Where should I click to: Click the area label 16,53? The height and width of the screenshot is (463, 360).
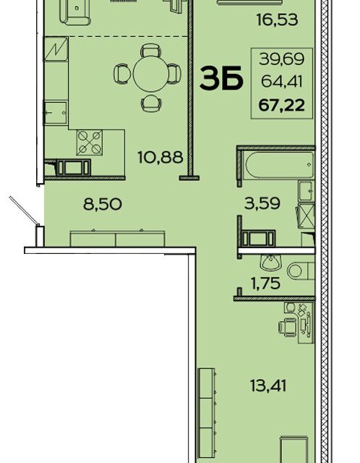[x=277, y=20]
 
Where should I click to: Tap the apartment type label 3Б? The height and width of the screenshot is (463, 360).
[x=221, y=78]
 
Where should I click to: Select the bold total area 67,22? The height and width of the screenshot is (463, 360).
[x=281, y=106]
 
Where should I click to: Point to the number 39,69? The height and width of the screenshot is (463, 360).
[x=281, y=59]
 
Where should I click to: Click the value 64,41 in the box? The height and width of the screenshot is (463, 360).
[x=282, y=82]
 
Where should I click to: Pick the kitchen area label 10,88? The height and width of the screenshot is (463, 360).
[x=160, y=158]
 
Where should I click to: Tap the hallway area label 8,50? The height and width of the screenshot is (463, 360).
[x=103, y=204]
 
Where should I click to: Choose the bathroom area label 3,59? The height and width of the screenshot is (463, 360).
[x=262, y=203]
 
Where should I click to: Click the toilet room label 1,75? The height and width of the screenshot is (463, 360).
[x=265, y=284]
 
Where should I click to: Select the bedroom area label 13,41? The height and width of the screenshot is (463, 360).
[x=268, y=386]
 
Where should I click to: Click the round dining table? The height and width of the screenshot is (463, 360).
[x=151, y=74]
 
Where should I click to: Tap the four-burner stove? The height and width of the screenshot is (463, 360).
[x=90, y=143]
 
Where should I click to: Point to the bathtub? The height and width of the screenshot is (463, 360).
[x=278, y=165]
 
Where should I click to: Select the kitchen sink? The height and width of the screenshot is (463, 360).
[x=56, y=113]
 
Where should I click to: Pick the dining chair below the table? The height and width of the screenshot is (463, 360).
[x=151, y=103]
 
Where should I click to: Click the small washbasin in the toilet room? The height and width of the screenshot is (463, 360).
[x=271, y=262]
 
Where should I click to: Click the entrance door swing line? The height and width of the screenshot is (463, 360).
[x=24, y=211]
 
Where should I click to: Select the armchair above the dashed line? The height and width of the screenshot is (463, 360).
[x=75, y=12]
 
